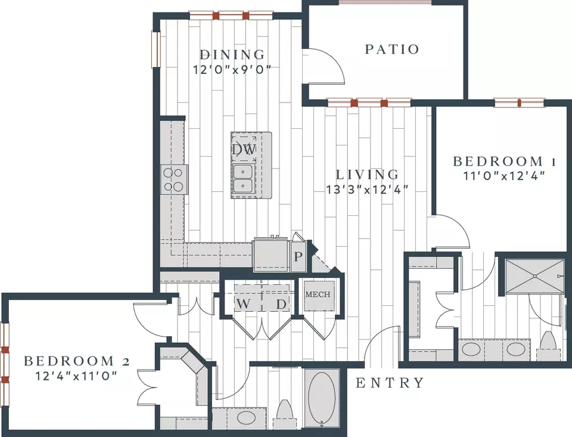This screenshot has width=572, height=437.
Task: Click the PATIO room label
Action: [x=392, y=49]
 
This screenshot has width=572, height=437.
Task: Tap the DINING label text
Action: [x=232, y=55]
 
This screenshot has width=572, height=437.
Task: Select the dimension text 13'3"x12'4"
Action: [x=366, y=190]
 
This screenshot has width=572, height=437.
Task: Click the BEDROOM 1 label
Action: [x=504, y=161]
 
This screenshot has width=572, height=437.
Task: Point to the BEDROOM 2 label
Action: [x=77, y=361]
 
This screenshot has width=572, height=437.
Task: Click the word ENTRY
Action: [x=390, y=383]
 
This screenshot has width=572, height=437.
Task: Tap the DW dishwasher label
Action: [x=244, y=149]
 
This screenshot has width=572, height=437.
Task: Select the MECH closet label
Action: [x=318, y=295]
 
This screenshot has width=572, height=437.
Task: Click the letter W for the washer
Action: [x=244, y=303]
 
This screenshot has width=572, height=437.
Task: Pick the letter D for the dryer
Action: [x=281, y=303]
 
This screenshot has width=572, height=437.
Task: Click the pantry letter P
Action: [x=298, y=256]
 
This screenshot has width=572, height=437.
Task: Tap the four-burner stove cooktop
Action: [x=174, y=179]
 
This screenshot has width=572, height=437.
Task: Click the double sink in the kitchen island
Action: [x=243, y=178]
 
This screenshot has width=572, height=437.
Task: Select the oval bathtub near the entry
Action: [x=322, y=398]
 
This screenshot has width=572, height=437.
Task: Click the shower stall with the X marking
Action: [x=534, y=276]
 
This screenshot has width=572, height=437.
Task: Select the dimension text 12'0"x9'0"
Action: [x=232, y=69]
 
